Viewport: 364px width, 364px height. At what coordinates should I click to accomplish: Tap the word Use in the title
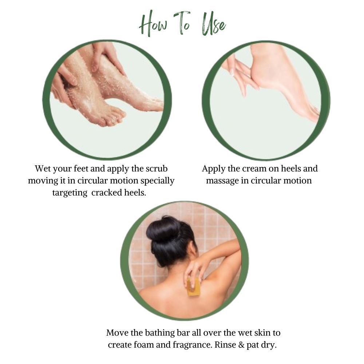214,24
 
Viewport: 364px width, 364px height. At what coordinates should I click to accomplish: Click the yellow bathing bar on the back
194,287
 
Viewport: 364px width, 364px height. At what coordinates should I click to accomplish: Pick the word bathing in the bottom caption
160,333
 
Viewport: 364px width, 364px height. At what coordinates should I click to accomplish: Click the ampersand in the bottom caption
242,345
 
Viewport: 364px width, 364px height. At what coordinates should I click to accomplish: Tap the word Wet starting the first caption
43,169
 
